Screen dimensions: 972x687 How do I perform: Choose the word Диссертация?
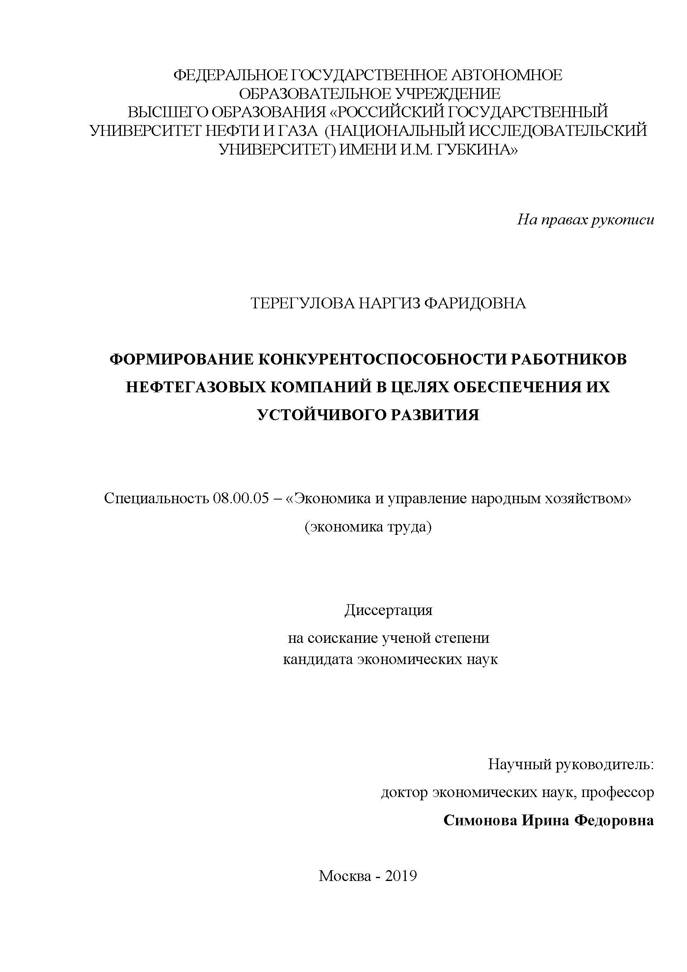[388, 610]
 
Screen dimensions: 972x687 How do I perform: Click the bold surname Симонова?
[480, 820]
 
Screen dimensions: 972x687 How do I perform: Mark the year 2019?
[401, 876]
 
